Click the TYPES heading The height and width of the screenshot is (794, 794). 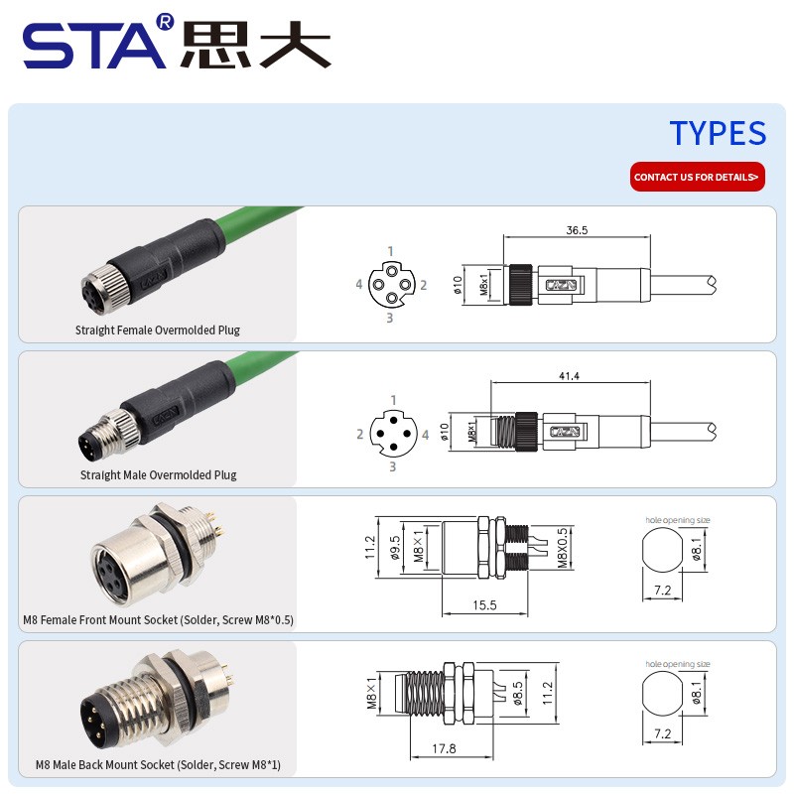click(x=717, y=133)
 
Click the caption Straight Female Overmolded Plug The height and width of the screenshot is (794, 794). click(x=158, y=330)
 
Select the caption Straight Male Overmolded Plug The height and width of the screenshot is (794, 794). click(x=159, y=474)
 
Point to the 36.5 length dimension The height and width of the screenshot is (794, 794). click(x=577, y=229)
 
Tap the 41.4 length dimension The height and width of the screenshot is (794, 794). click(x=569, y=377)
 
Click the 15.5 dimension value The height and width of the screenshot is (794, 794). click(x=485, y=604)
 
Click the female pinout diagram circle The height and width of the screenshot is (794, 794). click(x=390, y=285)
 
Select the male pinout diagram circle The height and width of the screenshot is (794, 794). click(x=392, y=433)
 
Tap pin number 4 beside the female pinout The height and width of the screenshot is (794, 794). click(x=359, y=285)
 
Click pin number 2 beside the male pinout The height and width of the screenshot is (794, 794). click(x=360, y=434)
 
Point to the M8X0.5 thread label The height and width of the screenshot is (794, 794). click(x=562, y=548)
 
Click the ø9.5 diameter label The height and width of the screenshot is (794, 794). click(x=395, y=548)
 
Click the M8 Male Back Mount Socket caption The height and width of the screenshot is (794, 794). click(x=159, y=765)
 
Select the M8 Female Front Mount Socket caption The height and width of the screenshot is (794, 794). click(x=159, y=620)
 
